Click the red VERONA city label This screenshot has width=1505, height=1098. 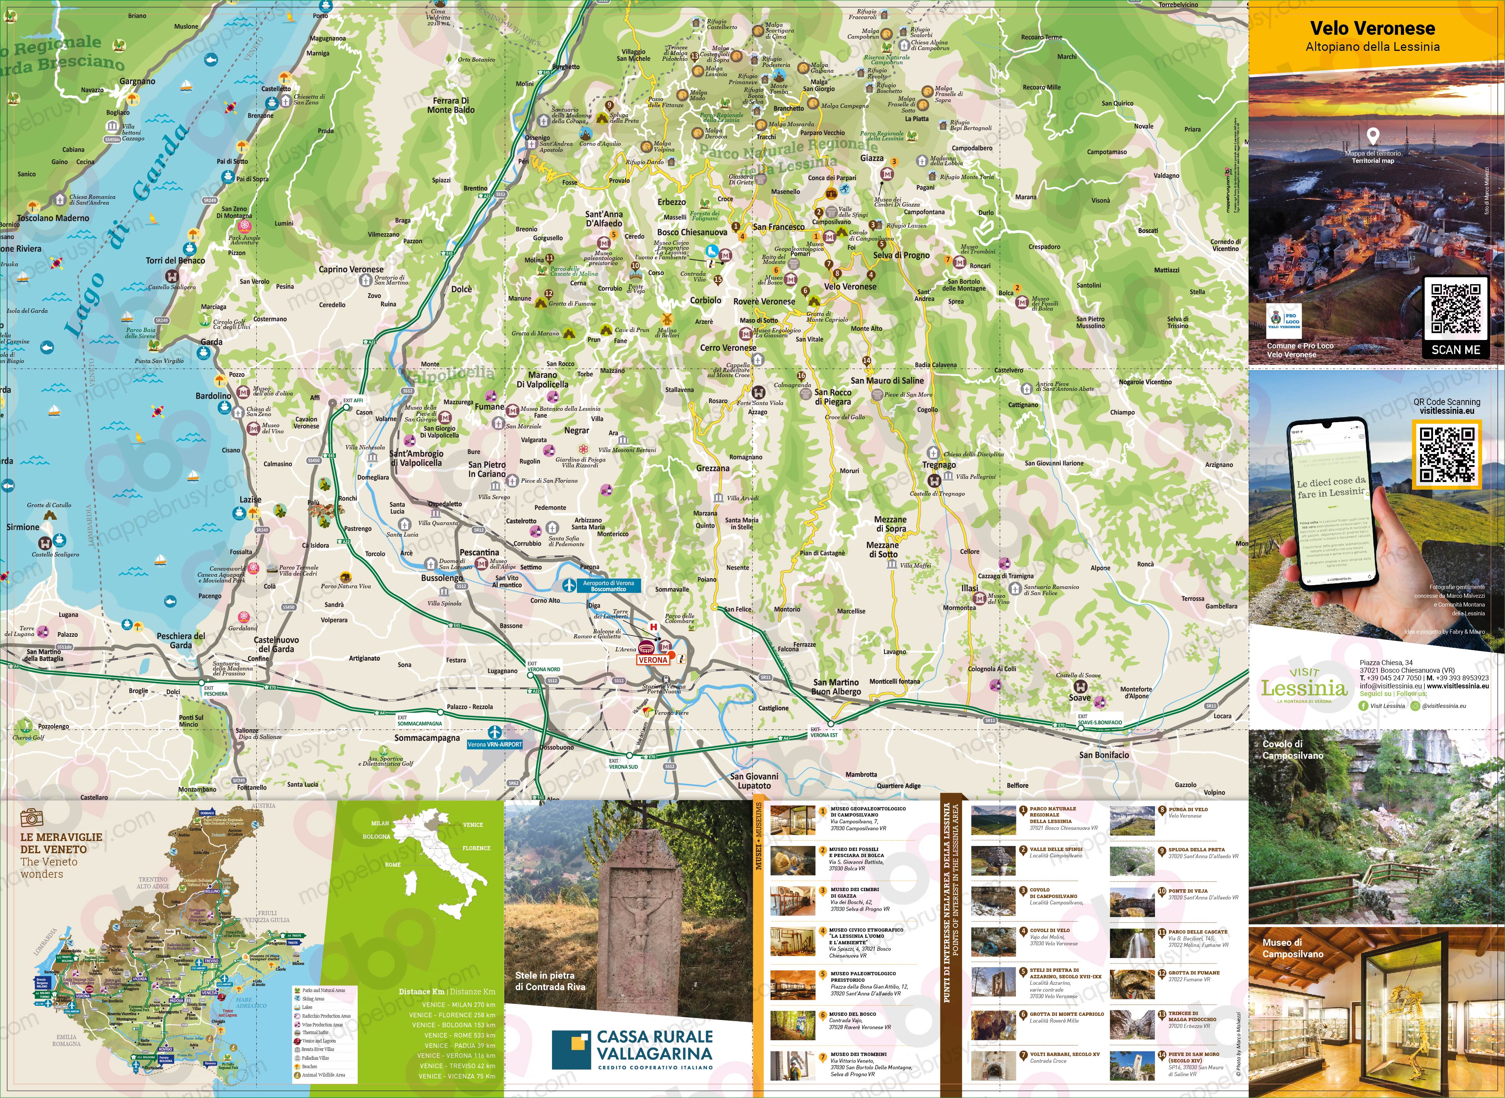652,660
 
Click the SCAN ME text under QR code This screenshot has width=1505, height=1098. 1455,350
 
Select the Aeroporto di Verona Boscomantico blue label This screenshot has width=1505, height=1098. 608,586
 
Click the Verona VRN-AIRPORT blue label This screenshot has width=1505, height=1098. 495,744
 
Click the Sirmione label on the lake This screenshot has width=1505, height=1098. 23,527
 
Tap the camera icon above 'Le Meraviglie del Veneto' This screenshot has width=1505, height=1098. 31,817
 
